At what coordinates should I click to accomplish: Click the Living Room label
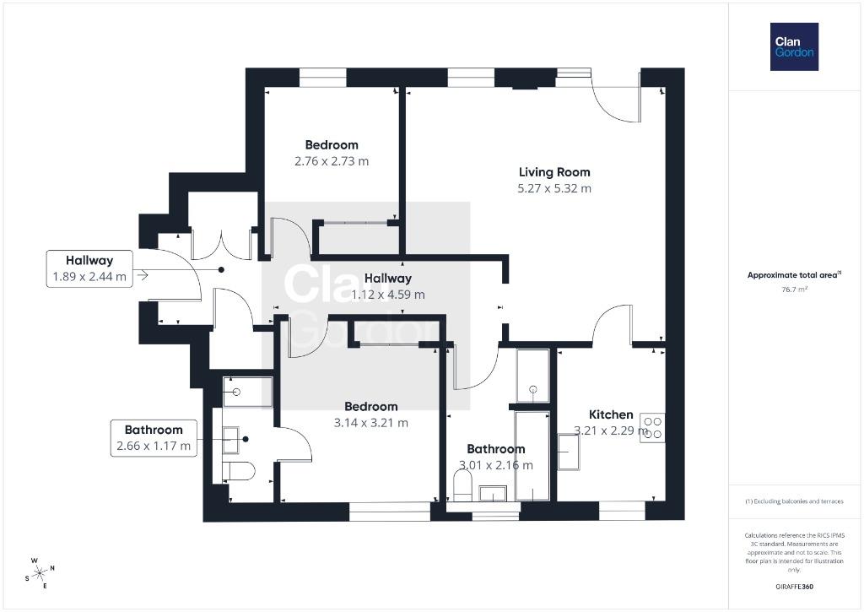point(554,172)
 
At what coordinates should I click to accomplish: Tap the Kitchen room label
point(611,414)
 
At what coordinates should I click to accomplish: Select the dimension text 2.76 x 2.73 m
point(332,161)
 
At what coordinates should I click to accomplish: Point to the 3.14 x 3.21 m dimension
point(371,423)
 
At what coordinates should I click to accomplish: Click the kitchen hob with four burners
point(653,427)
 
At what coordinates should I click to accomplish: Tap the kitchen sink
point(570,452)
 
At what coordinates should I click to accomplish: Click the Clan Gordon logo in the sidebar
point(794,47)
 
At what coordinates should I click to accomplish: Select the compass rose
point(40,573)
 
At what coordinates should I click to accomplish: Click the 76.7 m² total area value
point(794,290)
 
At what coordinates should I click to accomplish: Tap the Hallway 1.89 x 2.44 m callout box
point(89,268)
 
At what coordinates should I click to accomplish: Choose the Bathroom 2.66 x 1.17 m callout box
point(154,438)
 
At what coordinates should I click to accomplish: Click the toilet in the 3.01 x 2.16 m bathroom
point(463,485)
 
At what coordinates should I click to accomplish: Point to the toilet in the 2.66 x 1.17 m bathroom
point(239,471)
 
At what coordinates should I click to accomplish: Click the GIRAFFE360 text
point(794,587)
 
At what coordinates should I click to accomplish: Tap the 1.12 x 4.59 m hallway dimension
point(388,295)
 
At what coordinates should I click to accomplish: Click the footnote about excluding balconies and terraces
point(794,501)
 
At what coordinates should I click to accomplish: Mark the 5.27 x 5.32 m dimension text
point(554,188)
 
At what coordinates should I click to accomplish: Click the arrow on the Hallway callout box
point(143,274)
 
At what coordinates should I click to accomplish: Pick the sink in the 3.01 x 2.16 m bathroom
point(493,493)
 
